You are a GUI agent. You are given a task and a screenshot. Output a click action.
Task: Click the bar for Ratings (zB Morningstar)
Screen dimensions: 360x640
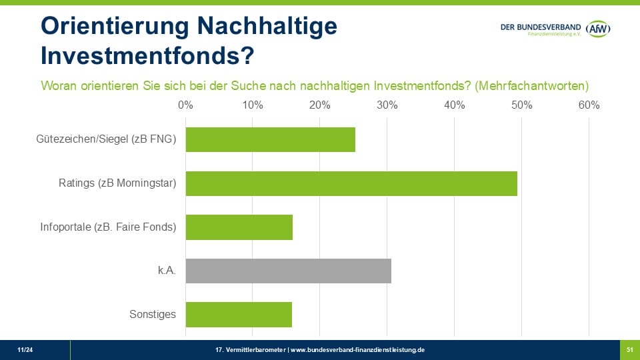(x=351, y=183)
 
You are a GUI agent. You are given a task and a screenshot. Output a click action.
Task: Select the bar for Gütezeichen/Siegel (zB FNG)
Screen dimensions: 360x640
(x=270, y=140)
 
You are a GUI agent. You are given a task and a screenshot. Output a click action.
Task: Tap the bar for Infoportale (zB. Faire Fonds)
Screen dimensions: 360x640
(x=239, y=227)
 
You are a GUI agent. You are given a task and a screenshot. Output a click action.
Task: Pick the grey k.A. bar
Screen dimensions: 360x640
(x=288, y=271)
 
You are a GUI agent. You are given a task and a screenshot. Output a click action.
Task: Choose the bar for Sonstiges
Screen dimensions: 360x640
(x=239, y=314)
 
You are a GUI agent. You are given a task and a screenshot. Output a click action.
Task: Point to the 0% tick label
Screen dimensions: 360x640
(x=185, y=105)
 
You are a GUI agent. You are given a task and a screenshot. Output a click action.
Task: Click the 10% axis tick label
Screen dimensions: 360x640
(x=253, y=105)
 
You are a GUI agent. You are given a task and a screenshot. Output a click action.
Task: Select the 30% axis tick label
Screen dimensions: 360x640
(x=387, y=105)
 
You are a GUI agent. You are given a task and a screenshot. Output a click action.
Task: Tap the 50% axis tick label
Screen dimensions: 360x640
(x=521, y=105)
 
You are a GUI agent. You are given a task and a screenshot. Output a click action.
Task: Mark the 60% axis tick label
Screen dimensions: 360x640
(x=589, y=105)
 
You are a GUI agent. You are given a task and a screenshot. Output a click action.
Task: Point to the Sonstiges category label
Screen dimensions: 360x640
(x=153, y=314)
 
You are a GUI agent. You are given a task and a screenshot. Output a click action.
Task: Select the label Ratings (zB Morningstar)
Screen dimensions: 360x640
(x=117, y=183)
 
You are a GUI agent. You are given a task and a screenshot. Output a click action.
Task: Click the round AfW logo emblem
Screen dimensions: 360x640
(x=598, y=29)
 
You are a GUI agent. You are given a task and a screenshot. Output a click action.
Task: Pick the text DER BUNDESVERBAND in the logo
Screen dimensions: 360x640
(x=541, y=26)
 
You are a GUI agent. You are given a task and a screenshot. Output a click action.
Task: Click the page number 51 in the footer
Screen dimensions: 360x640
(x=629, y=349)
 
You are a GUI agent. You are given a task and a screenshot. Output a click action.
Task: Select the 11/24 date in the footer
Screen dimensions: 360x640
(x=25, y=349)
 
